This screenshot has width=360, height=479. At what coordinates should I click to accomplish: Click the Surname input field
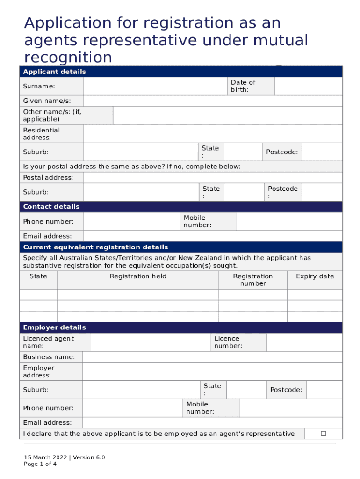pyautogui.click(x=155, y=86)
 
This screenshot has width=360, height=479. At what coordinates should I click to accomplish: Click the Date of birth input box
pyautogui.click(x=308, y=86)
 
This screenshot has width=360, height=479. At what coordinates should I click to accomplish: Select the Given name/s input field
pyautogui.click(x=212, y=101)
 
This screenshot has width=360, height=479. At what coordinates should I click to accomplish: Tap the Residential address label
pyautogui.click(x=42, y=134)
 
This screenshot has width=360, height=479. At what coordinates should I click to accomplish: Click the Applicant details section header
pyautogui.click(x=55, y=72)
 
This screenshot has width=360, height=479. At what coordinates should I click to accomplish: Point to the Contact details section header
pyautogui.click(x=51, y=207)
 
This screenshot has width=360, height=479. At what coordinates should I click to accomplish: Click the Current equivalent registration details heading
pyautogui.click(x=95, y=247)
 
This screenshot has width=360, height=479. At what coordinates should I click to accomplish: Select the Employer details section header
pyautogui.click(x=55, y=327)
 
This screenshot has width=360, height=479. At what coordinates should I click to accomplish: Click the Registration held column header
pyautogui.click(x=138, y=276)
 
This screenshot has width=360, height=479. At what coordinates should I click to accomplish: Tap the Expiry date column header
pyautogui.click(x=315, y=276)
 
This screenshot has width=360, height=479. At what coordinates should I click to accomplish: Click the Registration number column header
pyautogui.click(x=252, y=280)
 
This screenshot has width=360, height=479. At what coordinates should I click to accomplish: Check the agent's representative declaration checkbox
pyautogui.click(x=323, y=434)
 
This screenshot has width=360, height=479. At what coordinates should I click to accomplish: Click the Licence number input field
pyautogui.click(x=304, y=342)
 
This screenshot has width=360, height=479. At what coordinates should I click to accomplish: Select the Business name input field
pyautogui.click(x=212, y=357)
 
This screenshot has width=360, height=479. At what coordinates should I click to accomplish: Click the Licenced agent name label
pyautogui.click(x=49, y=342)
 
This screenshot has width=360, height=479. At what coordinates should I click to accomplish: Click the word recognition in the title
pyautogui.click(x=68, y=57)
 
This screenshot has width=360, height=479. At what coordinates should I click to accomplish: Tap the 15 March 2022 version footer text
pyautogui.click(x=65, y=457)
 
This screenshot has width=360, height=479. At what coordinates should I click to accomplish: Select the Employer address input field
pyautogui.click(x=212, y=371)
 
